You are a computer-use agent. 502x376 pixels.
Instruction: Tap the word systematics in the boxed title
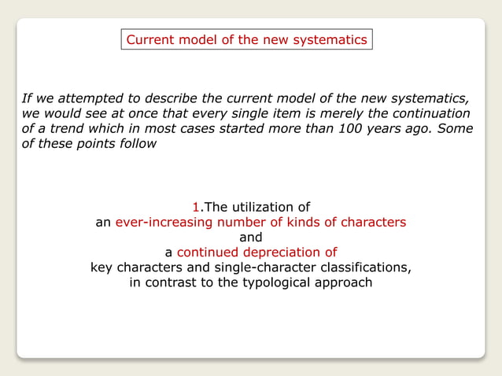point(331,39)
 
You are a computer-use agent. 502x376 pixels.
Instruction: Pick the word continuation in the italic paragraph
point(428,114)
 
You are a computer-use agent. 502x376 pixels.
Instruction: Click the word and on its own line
point(250,238)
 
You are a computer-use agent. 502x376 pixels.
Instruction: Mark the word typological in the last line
point(273,282)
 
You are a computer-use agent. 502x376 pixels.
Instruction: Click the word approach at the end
point(342,282)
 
